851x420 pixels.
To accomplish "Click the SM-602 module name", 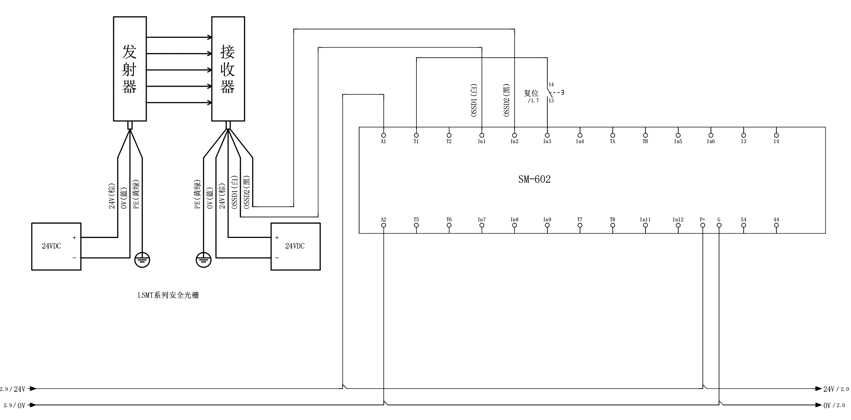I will (534, 179).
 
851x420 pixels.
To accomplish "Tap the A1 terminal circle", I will (383, 135).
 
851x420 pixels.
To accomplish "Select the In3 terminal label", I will (547, 142).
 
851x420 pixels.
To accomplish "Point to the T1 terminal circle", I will (416, 135).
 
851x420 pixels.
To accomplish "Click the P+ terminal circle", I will (702, 225).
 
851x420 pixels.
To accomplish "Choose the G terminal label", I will (719, 220).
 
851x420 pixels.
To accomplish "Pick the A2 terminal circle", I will (383, 225).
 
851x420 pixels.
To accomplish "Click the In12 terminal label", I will (678, 220).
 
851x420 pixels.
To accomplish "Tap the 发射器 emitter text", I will (129, 69).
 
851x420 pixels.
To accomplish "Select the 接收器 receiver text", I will (228, 69).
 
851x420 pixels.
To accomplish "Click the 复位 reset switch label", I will (531, 93).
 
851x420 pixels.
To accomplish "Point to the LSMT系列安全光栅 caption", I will (168, 295).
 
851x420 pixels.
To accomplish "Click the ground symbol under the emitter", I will (142, 260).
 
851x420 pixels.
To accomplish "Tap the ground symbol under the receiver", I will (204, 260).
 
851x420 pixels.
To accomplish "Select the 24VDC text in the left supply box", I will (51, 246).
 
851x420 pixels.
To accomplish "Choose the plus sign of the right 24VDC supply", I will (277, 238).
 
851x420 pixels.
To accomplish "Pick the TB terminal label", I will (645, 142).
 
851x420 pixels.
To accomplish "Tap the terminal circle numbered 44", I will (776, 225).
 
